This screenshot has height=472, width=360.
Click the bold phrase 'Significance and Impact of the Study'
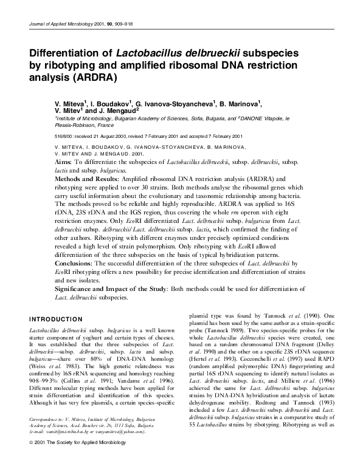pos(118,289)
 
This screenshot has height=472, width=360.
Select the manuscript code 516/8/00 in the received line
pos(65,136)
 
